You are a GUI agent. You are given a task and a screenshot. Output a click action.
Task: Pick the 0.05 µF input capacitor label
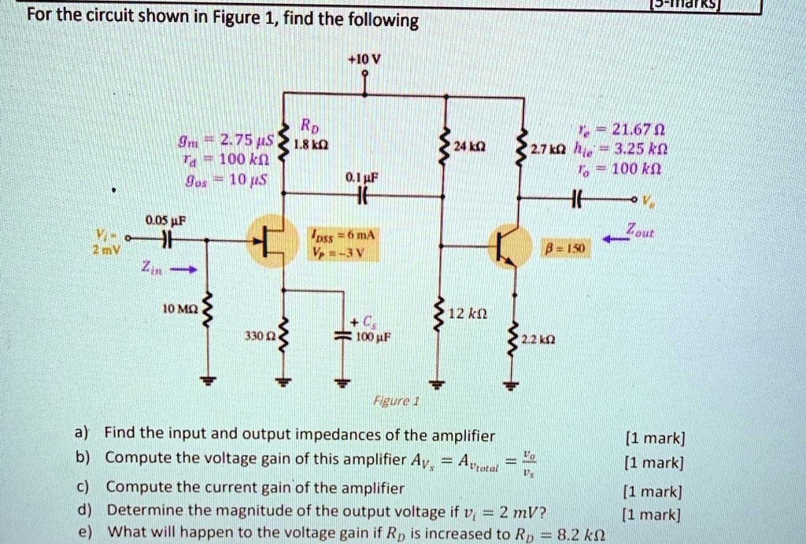click(x=163, y=220)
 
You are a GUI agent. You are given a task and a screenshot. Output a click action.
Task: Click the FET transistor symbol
click(x=270, y=239)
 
